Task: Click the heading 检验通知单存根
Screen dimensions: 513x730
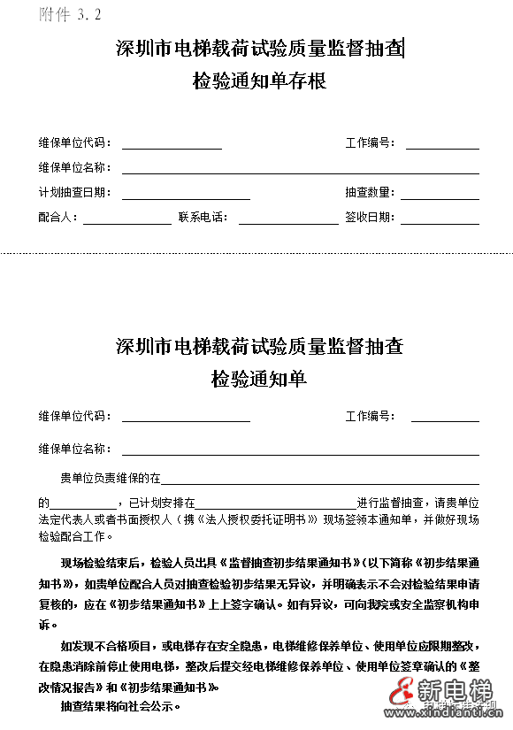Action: [259, 81]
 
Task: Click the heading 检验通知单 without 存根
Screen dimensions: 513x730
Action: [259, 379]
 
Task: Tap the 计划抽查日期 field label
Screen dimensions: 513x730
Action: [74, 193]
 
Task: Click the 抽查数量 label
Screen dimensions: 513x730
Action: [370, 193]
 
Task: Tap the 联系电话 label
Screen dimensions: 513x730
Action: [203, 218]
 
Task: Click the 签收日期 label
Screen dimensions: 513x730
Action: [370, 218]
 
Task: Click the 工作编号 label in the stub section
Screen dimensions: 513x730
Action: [370, 143]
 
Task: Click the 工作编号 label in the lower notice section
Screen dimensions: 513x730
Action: [370, 416]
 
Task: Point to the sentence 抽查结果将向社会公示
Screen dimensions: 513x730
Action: [121, 707]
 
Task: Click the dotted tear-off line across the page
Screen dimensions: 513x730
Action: [256, 254]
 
